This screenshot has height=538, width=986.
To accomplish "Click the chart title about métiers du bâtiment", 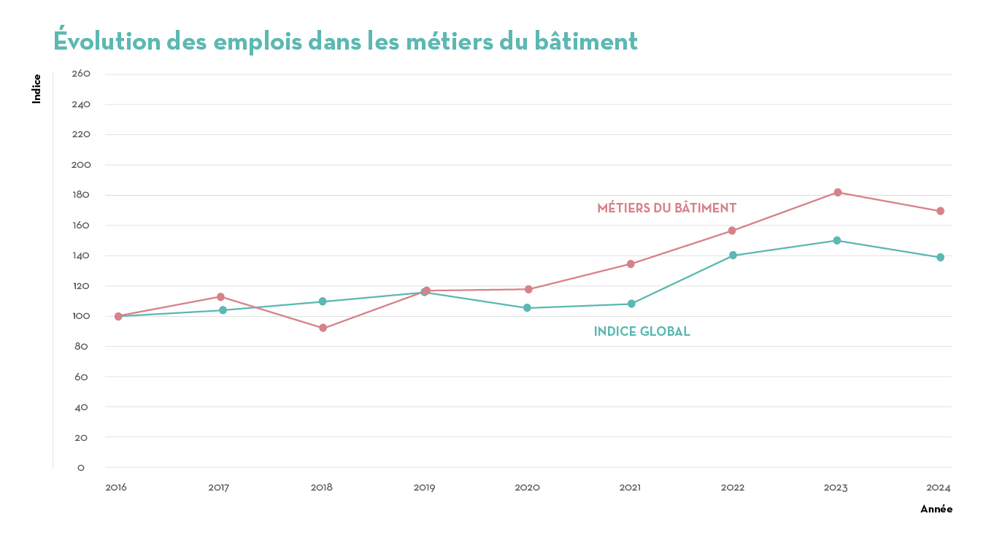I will (345, 42).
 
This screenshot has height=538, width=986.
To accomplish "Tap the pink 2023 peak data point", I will (837, 193).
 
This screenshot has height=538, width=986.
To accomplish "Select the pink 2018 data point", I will (323, 328).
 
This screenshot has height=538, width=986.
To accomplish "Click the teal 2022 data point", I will (733, 255).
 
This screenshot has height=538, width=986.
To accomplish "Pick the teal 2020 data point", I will (527, 308).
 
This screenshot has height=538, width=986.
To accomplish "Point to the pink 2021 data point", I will (631, 264).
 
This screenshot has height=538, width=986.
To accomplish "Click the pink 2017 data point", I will (220, 297).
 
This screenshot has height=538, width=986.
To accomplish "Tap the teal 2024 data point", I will (940, 258).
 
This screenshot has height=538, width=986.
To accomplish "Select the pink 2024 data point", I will (940, 211).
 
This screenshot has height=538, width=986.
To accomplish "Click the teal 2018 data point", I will (323, 301).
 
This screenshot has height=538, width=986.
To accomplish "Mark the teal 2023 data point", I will (837, 240).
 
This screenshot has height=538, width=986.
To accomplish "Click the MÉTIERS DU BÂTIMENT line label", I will (666, 208).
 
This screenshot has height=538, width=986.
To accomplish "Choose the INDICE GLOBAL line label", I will (642, 331).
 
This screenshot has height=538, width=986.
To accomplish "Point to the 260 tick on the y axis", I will (81, 74).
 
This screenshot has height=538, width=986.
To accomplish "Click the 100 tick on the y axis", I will (81, 316).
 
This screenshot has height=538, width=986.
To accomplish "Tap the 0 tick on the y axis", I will (81, 467).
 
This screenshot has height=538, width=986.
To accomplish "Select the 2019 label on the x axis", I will (424, 487).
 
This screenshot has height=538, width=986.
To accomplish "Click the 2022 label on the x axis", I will (733, 487).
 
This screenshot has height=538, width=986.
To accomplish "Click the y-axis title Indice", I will (36, 89).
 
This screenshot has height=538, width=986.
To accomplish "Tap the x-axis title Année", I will (936, 509).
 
